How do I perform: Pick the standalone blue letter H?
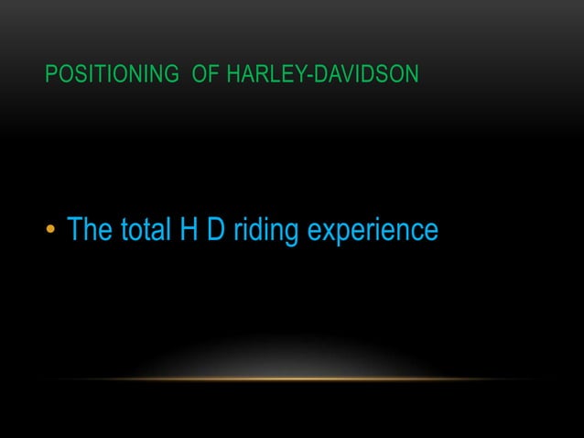pos(187,230)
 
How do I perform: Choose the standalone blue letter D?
pos(215,230)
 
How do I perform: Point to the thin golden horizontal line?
pos(292,378)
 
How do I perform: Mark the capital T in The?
pos(76,230)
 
